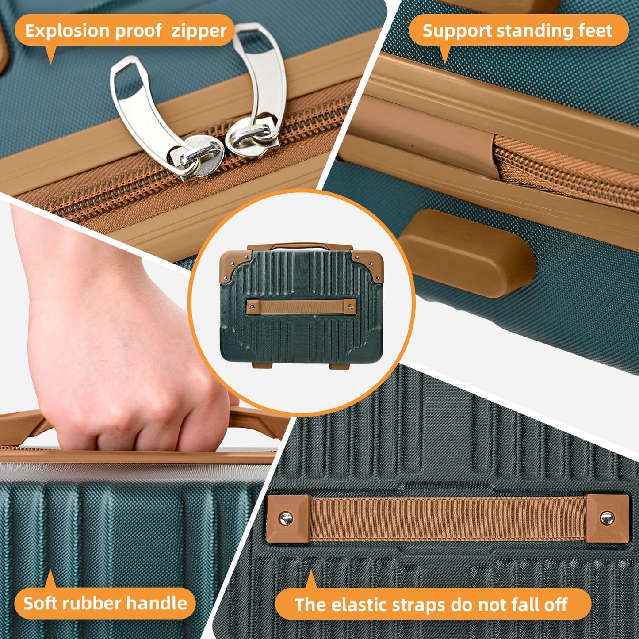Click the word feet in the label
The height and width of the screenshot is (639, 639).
coord(595,31)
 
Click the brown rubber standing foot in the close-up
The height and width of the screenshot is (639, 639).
coord(467,253)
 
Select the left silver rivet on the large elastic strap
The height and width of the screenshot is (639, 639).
coord(286,518)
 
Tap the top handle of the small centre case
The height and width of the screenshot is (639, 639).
coord(300,246)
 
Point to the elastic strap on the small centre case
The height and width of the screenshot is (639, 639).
coord(302,307)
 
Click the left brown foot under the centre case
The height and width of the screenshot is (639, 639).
coord(262,365)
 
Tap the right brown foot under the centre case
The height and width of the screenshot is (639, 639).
coord(339,366)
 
